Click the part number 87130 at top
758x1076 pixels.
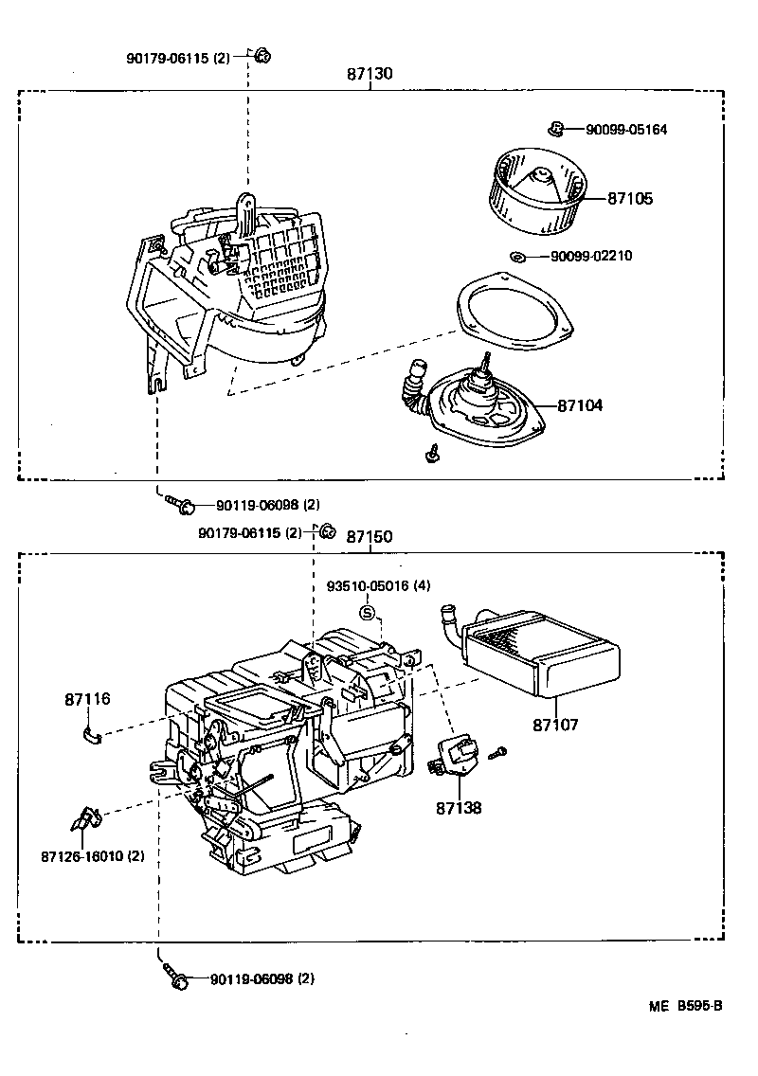click(370, 74)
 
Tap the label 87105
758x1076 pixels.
click(630, 199)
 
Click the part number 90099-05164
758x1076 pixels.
click(625, 130)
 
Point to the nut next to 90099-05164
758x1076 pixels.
click(557, 128)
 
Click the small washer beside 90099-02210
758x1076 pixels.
click(516, 257)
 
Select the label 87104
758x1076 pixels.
click(580, 405)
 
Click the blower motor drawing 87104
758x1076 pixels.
click(480, 403)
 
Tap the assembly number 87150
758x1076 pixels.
click(369, 536)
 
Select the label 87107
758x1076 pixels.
click(555, 725)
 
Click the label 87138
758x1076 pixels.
click(459, 808)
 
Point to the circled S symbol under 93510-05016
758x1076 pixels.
click(368, 613)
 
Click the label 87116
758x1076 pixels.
click(88, 700)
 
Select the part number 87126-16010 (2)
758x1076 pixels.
click(92, 856)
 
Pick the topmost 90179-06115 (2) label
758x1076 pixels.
click(177, 58)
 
